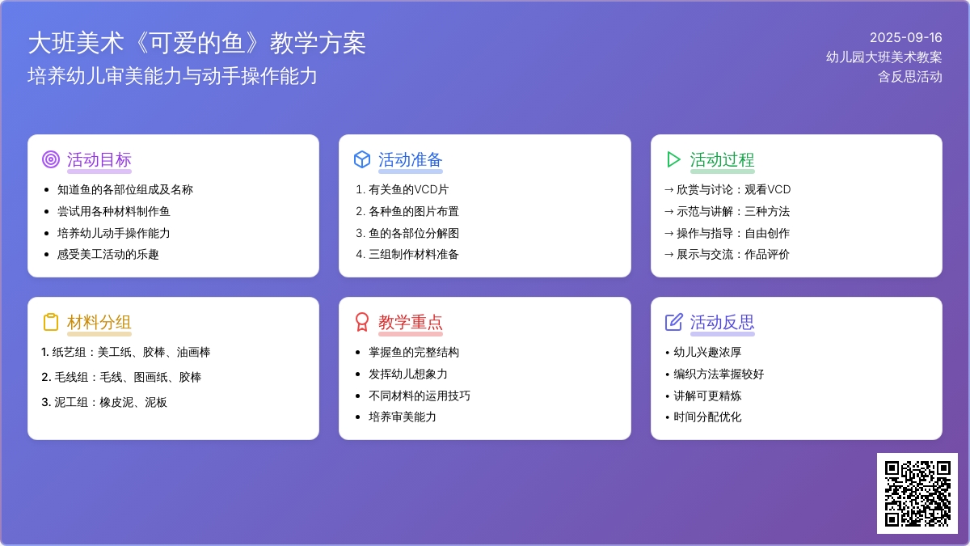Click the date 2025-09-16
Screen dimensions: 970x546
pos(906,38)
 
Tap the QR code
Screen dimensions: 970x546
pos(917,493)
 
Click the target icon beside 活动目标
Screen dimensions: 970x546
pos(51,159)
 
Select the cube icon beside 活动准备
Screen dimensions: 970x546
pos(362,159)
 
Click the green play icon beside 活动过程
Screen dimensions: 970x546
pos(673,159)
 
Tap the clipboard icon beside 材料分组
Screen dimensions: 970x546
pos(51,322)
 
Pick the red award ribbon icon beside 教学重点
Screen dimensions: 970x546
pos(362,322)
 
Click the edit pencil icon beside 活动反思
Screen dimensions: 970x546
pos(674,322)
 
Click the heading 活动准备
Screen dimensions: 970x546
pos(410,160)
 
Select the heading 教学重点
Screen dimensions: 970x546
pos(410,323)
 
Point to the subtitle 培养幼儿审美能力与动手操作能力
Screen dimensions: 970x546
pos(172,76)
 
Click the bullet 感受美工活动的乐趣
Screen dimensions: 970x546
pos(108,254)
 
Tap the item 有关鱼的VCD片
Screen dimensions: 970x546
pos(408,190)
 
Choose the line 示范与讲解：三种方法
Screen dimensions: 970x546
pos(733,211)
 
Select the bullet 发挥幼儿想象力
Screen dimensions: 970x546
pos(408,374)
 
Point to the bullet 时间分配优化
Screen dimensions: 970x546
pos(707,417)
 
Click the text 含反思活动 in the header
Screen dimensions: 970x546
pos(910,77)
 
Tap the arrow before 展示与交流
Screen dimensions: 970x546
pos(669,255)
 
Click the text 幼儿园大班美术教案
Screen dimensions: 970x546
pos(884,57)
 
